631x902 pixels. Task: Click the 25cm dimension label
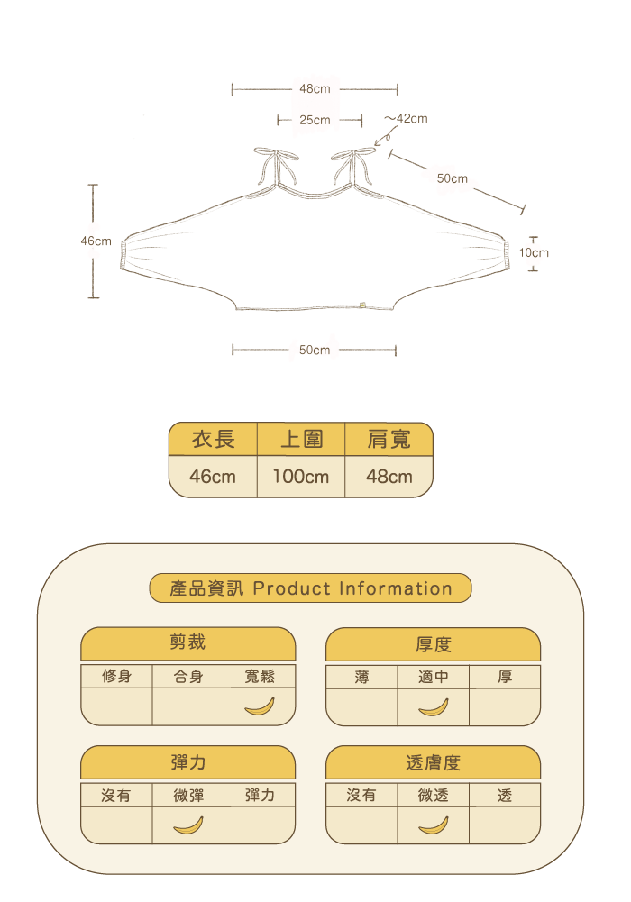[315, 120]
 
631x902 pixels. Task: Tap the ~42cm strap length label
[407, 118]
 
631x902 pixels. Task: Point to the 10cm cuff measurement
[534, 252]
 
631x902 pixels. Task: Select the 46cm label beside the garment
[96, 241]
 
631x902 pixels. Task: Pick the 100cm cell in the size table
[301, 477]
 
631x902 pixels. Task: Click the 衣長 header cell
[213, 439]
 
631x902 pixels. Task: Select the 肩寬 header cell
[389, 439]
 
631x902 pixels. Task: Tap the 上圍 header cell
[301, 439]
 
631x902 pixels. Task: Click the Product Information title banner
[310, 588]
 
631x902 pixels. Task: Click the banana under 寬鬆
[260, 706]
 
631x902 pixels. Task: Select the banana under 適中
[434, 706]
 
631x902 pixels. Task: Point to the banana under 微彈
[188, 825]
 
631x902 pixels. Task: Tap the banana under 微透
[434, 825]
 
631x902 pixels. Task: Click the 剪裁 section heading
[188, 642]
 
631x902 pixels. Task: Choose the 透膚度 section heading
[434, 762]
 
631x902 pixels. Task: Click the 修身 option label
[116, 677]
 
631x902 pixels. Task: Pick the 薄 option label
[361, 677]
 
